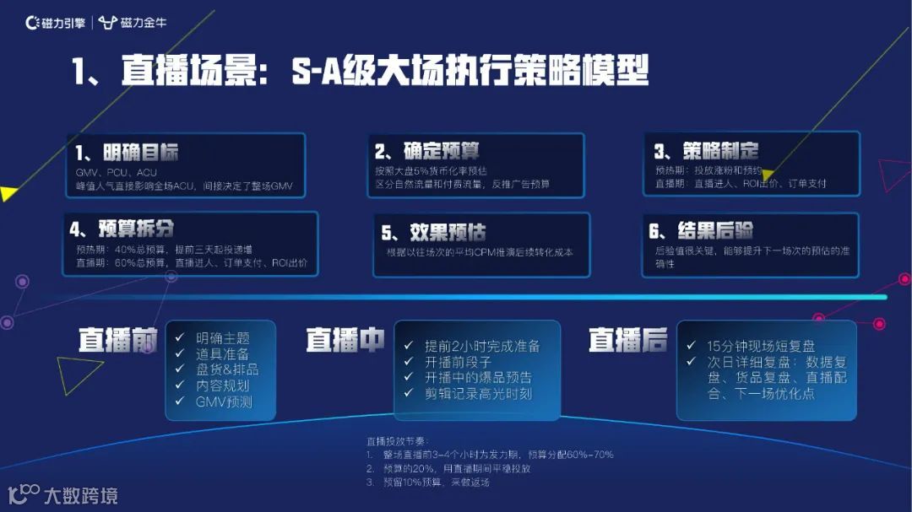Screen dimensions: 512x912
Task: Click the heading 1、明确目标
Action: [127, 153]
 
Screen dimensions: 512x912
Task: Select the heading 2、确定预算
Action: [427, 151]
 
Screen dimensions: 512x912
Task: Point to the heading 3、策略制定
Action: [706, 151]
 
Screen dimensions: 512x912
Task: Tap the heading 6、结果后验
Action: [703, 230]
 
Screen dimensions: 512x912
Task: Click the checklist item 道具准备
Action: [223, 354]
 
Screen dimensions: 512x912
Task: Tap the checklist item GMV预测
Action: [224, 402]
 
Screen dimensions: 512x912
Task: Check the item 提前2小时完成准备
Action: [482, 346]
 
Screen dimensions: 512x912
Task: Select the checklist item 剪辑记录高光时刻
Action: [479, 393]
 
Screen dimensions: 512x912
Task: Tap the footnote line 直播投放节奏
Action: [397, 440]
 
